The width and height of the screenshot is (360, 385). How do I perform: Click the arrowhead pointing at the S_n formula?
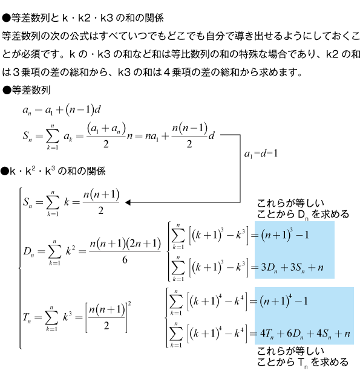[128, 202]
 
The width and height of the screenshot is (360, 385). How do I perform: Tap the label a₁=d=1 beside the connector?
[261, 154]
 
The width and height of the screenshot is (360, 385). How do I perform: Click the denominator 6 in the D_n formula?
[125, 260]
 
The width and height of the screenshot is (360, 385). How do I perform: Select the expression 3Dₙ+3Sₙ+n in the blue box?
[292, 267]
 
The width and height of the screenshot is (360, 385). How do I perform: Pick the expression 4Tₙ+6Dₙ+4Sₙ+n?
[305, 334]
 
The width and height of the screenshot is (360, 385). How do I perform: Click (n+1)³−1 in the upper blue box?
[284, 235]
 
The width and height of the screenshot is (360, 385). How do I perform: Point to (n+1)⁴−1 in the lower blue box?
[284, 301]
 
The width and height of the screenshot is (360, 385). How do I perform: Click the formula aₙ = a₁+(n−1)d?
[62, 110]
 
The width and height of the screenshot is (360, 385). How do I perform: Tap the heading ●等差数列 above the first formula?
[26, 91]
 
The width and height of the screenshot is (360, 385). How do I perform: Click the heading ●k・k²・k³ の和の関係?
[53, 171]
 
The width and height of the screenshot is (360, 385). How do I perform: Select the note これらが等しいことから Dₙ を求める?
[303, 209]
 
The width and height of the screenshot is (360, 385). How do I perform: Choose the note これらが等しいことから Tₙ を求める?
[303, 357]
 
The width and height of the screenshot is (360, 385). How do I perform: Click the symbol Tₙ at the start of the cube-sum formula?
[27, 318]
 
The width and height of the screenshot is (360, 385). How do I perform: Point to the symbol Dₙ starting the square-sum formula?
[28, 251]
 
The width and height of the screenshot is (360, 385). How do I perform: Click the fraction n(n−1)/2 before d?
[189, 136]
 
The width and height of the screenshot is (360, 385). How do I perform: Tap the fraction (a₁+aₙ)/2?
[106, 136]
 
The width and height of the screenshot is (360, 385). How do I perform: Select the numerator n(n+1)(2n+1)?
[125, 244]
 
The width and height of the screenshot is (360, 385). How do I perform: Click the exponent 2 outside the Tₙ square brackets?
[129, 304]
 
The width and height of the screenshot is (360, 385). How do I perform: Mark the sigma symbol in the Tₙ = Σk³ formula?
[51, 318]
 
